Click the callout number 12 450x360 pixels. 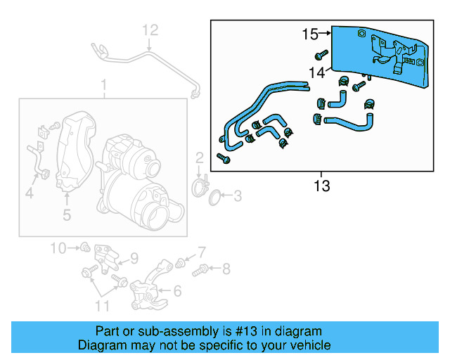(x=151, y=30)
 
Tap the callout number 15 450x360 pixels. (x=310, y=33)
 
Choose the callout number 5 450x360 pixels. (x=67, y=215)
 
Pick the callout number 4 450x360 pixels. (x=29, y=193)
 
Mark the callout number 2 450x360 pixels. (x=200, y=157)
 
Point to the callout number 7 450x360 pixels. (x=201, y=252)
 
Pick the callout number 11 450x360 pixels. (x=103, y=305)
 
